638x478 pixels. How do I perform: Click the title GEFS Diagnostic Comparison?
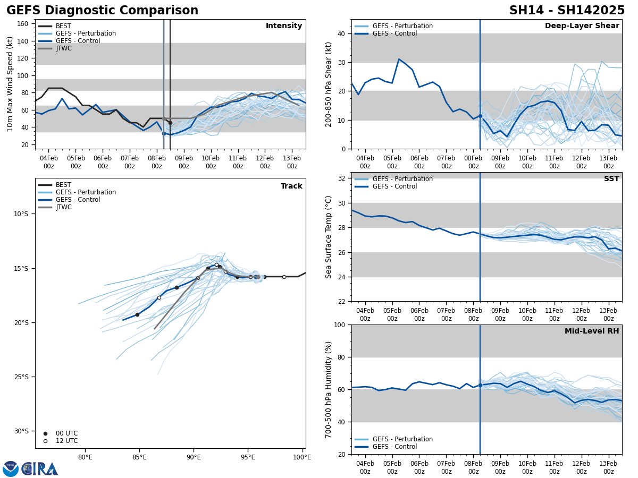click(x=102, y=11)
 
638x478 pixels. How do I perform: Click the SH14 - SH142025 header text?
click(x=567, y=11)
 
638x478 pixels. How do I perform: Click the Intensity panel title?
click(x=284, y=26)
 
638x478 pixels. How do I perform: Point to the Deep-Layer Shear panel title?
click(x=582, y=26)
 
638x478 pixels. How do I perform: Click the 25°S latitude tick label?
click(x=21, y=377)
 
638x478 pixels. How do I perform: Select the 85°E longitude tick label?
click(x=139, y=457)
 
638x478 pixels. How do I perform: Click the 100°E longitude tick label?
click(x=302, y=457)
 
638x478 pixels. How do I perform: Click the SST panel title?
click(x=611, y=179)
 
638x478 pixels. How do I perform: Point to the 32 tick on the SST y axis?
click(x=342, y=178)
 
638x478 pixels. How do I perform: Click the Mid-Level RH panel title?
click(x=592, y=331)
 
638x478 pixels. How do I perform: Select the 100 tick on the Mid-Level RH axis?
click(x=339, y=325)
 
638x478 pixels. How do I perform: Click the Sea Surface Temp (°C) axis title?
click(x=329, y=237)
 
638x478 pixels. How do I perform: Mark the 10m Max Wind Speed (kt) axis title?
click(x=10, y=84)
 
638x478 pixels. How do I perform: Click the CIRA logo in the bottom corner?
click(x=39, y=469)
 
